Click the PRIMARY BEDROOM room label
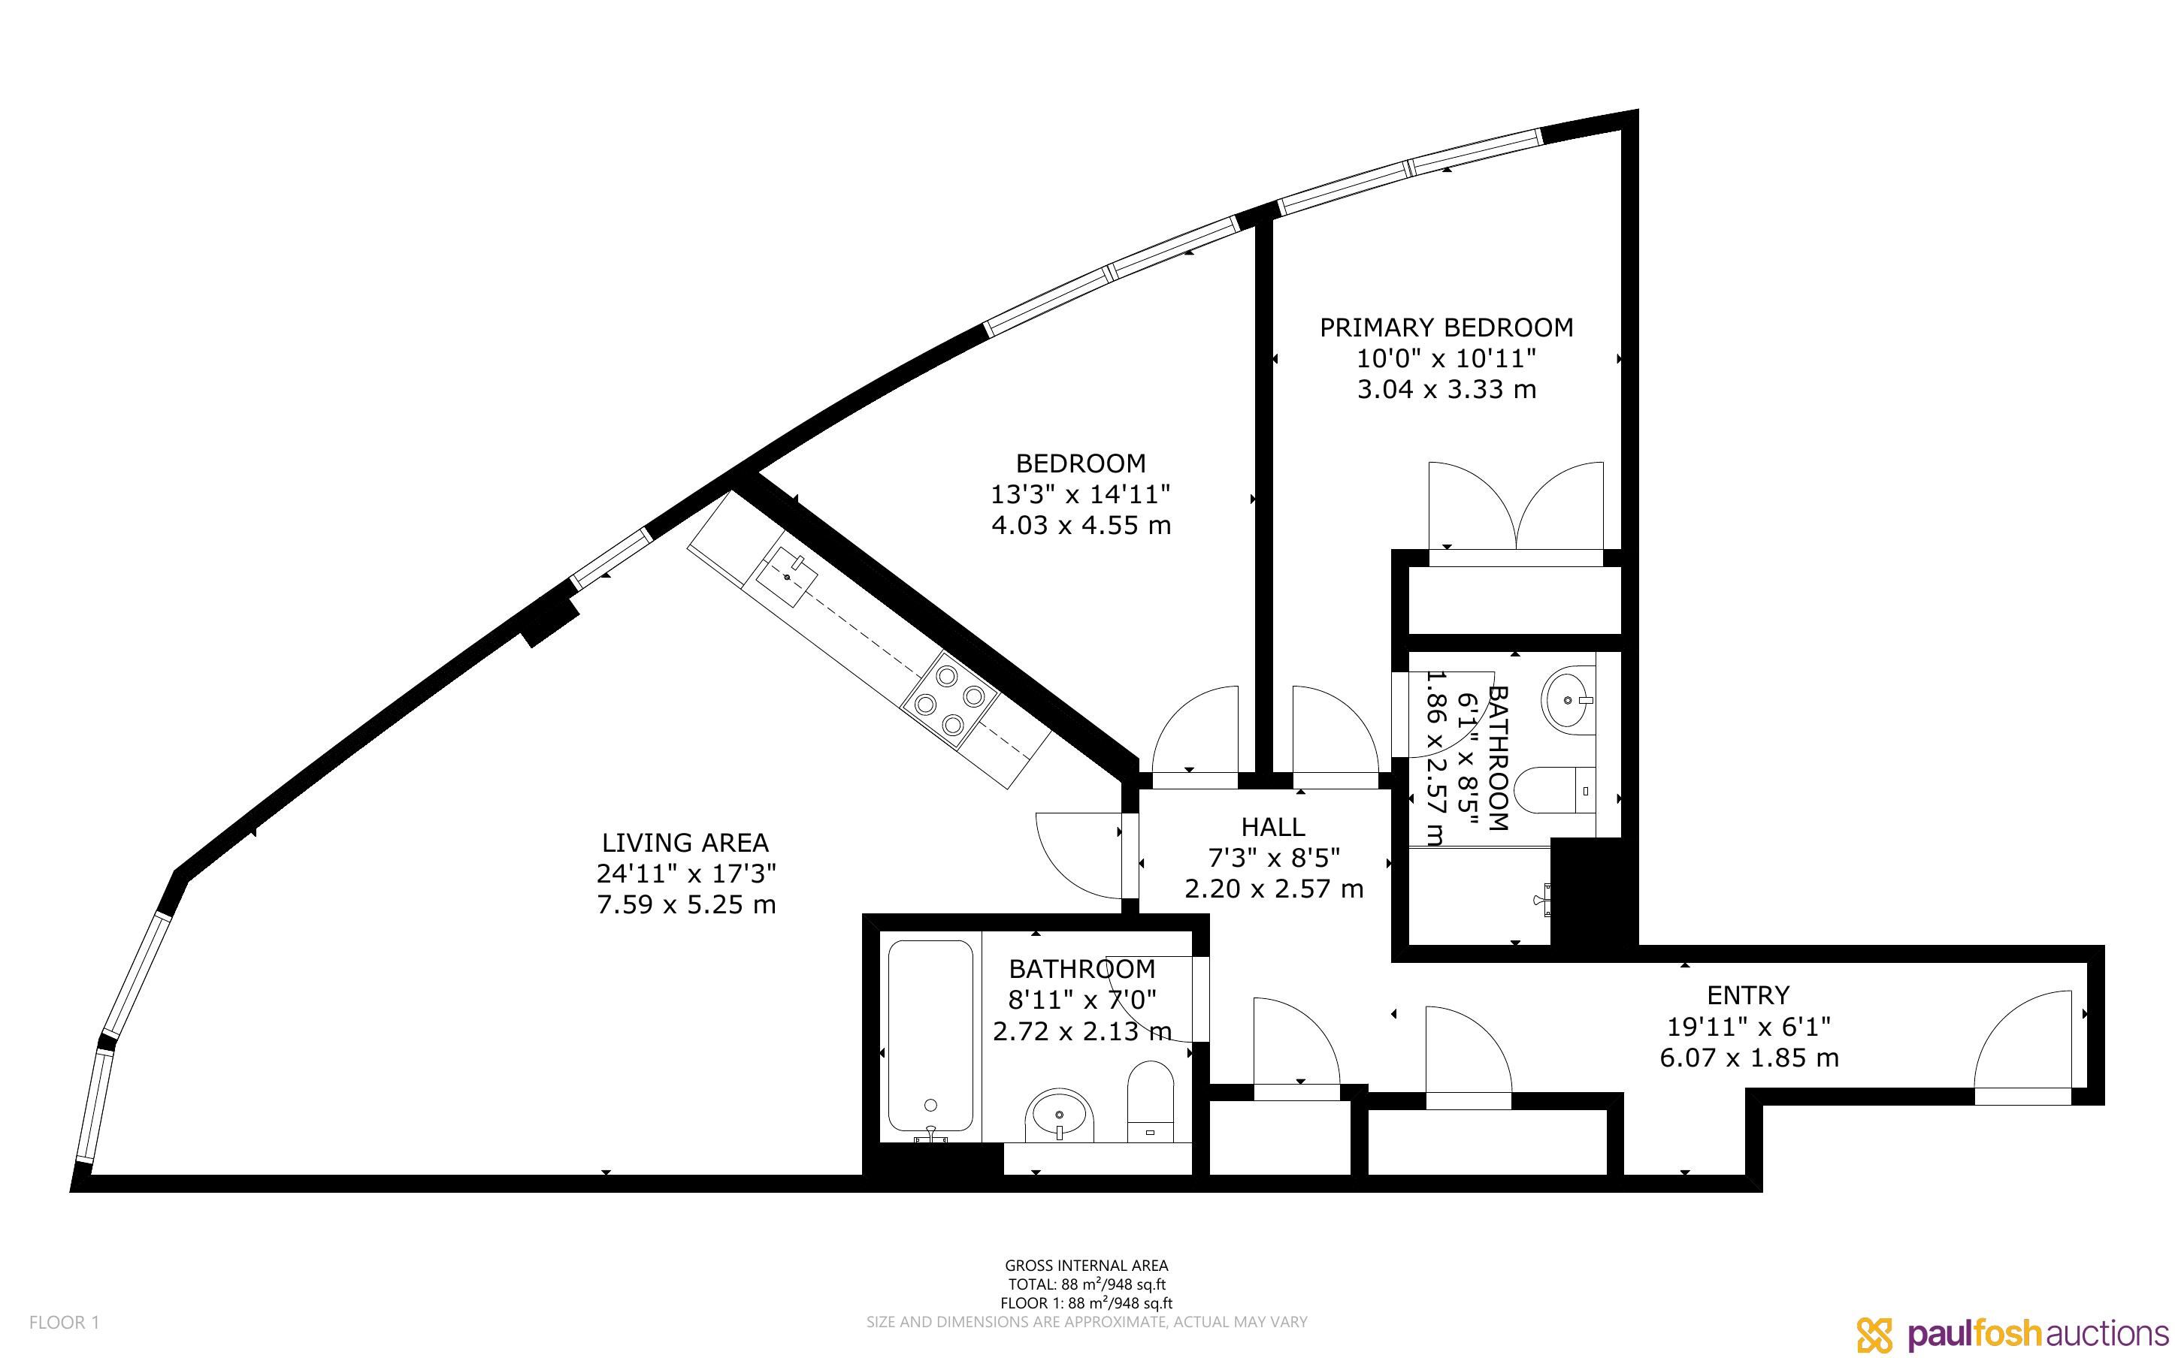1445,327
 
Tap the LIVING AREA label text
685,843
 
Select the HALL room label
1273,826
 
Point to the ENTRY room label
1747,995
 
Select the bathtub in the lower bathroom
930,1040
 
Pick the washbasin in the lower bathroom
1060,1115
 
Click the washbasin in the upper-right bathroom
1568,698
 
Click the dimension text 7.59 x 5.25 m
686,904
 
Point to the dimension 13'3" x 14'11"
1081,494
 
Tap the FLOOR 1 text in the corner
64,1322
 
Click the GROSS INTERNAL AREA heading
1086,1266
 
